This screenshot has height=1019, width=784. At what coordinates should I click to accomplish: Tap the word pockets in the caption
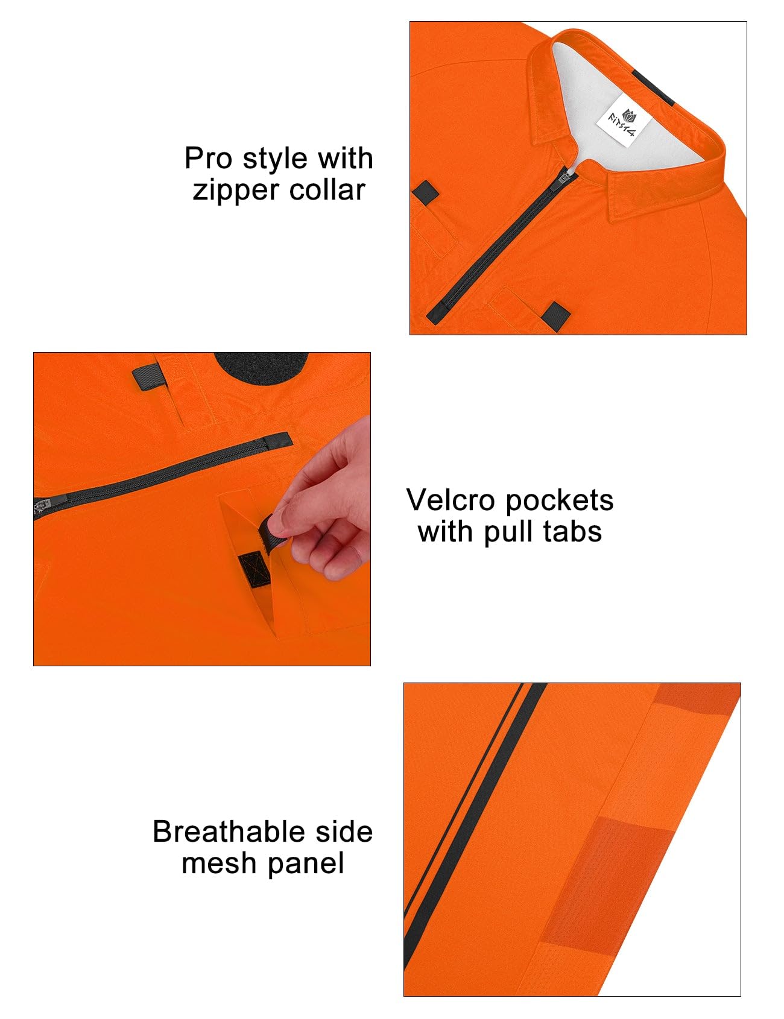click(x=559, y=501)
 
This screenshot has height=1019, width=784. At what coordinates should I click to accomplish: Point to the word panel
click(x=306, y=864)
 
